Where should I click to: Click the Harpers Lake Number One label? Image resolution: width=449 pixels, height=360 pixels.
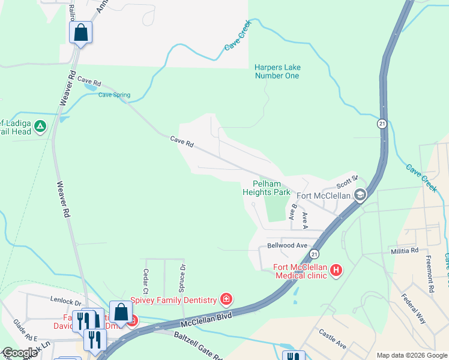tap(277, 71)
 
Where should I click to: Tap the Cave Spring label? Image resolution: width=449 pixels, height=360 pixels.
tap(114, 95)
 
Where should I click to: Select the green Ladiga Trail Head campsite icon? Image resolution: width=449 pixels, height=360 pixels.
tap(40, 126)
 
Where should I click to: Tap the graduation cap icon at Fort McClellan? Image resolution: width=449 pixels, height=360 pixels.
tap(360, 194)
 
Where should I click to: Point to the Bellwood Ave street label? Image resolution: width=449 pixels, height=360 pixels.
tap(287, 246)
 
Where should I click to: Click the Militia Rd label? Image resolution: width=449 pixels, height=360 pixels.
tap(403, 250)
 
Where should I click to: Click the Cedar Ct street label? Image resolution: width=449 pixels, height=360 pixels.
tap(145, 277)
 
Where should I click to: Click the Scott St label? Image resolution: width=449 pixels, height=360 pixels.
tap(347, 178)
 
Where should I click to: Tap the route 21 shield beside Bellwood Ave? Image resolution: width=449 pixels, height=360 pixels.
tap(313, 255)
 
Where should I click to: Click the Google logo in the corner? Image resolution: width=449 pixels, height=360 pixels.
tap(20, 353)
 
